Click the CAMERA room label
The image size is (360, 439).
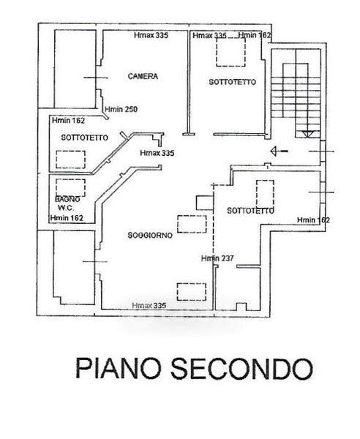(143, 76)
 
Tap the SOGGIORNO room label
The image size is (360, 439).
(150, 236)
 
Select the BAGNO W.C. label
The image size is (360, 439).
(67, 203)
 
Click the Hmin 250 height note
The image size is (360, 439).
(121, 109)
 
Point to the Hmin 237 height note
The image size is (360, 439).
(217, 258)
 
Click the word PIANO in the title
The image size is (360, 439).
(119, 368)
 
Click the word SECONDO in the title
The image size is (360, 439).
(242, 369)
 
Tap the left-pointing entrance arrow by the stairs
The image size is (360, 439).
(279, 151)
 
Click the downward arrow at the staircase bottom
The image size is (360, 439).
(307, 134)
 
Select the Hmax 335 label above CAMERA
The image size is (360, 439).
(151, 35)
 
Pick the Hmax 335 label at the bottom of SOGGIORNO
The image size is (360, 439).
(149, 305)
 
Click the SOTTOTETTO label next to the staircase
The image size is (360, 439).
(233, 82)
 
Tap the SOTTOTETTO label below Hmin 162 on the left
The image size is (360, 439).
(85, 138)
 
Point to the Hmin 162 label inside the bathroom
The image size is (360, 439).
(67, 218)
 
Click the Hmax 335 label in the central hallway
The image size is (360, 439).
(157, 153)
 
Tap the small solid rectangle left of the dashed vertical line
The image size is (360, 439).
(205, 203)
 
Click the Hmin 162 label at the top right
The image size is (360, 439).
(255, 35)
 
